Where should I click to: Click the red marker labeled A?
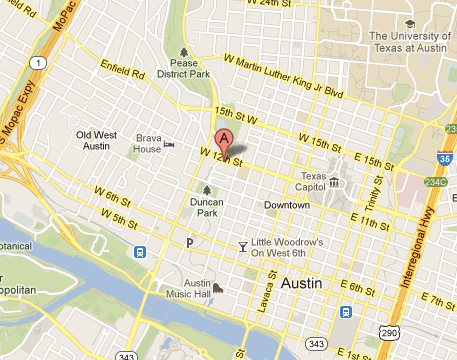225,140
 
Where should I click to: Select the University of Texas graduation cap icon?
410,23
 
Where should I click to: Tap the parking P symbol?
189,243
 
